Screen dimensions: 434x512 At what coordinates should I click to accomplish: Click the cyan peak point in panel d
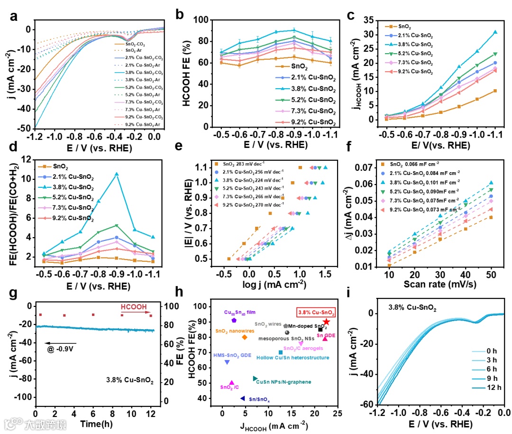tap(117, 174)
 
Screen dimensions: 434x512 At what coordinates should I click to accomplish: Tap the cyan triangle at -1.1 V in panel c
tap(495, 32)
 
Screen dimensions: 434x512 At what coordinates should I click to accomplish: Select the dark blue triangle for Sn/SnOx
tap(243, 398)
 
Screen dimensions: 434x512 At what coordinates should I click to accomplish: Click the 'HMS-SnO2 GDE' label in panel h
tap(232, 355)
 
